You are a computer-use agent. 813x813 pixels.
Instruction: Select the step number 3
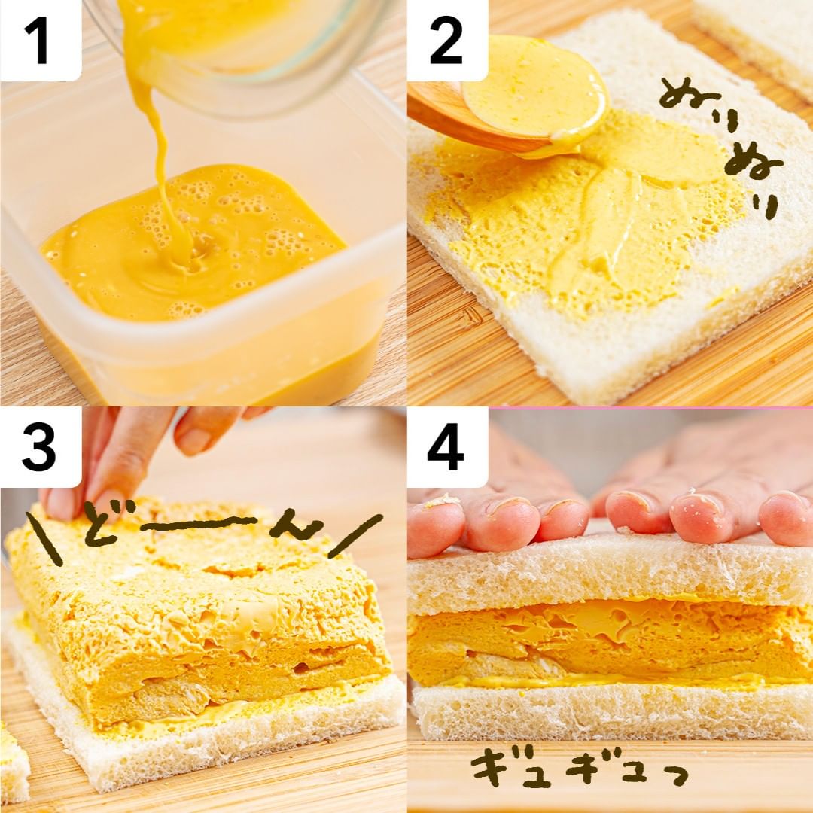click(x=38, y=448)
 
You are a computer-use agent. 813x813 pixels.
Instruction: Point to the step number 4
click(x=446, y=448)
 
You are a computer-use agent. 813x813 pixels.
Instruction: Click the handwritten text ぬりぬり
click(x=723, y=145)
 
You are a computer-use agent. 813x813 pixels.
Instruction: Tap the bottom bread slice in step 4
click(x=612, y=711)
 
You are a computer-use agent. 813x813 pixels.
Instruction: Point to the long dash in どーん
click(x=199, y=522)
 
